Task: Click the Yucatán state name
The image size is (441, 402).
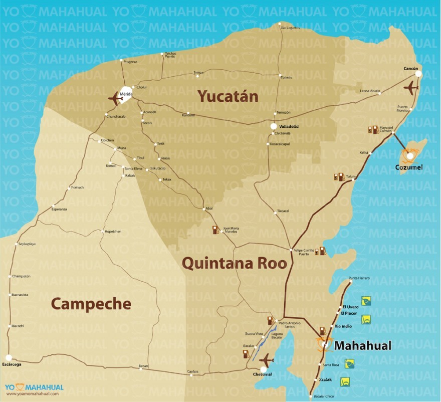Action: tap(228, 96)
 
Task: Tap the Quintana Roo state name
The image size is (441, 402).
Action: tap(234, 263)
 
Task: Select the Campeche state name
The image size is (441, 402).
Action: tap(91, 303)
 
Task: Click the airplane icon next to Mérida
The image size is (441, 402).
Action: tap(115, 98)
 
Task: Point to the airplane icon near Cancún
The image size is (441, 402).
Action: tap(411, 87)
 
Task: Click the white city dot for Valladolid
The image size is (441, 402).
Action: tap(274, 126)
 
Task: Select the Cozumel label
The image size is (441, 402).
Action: tap(409, 167)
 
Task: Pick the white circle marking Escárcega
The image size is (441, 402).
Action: tap(8, 357)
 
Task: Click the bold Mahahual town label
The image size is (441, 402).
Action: tap(362, 346)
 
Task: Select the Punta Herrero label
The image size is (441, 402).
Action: tap(359, 278)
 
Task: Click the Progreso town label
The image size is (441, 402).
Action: tap(130, 62)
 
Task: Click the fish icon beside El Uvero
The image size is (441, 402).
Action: tap(366, 301)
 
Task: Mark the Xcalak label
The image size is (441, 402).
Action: tap(325, 379)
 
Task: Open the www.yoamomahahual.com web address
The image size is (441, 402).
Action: tap(32, 393)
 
